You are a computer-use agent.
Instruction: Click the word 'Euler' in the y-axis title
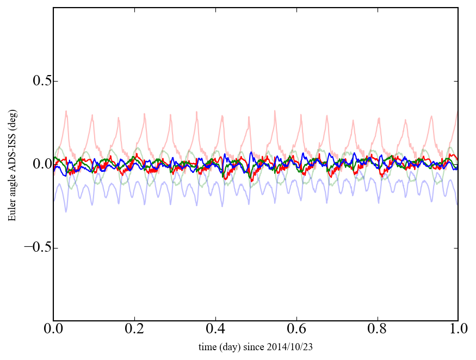pos(12,212)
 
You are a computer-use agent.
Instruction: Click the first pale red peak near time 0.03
pos(66,111)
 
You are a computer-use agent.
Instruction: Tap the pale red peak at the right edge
pos(457,112)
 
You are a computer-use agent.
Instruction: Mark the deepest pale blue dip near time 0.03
pos(66,211)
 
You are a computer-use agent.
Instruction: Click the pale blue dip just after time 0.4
pos(222,206)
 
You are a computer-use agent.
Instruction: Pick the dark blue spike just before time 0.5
pos(251,153)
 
